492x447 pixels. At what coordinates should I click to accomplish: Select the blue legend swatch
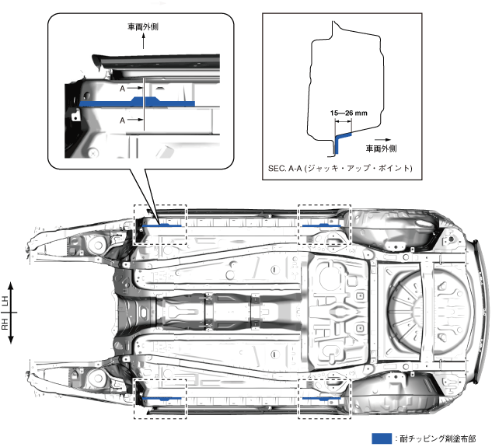382,438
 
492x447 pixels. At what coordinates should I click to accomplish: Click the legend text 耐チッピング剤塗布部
439,438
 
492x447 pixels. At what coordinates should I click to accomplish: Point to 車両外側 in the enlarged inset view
144,26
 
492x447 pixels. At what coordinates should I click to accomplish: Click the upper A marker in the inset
123,89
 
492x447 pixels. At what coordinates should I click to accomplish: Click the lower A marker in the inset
123,120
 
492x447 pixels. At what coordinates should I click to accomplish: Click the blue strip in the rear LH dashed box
320,225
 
